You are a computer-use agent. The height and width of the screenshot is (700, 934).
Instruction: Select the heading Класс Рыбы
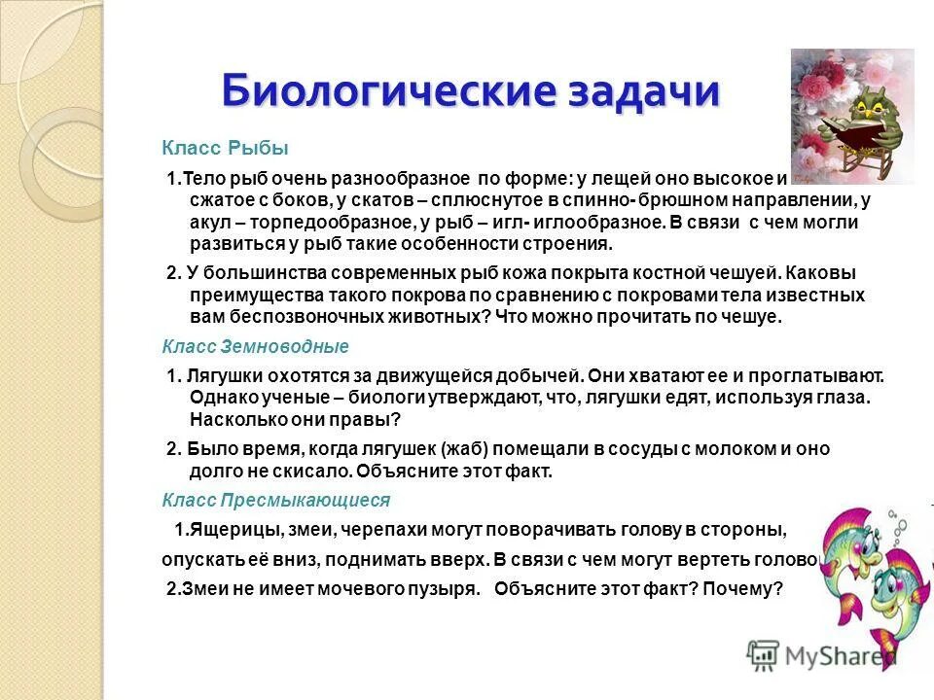[x=225, y=148]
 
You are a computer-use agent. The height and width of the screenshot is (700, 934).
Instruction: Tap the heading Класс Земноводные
[x=255, y=346]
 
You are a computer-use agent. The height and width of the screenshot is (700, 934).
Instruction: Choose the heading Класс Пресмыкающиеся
[x=275, y=500]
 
